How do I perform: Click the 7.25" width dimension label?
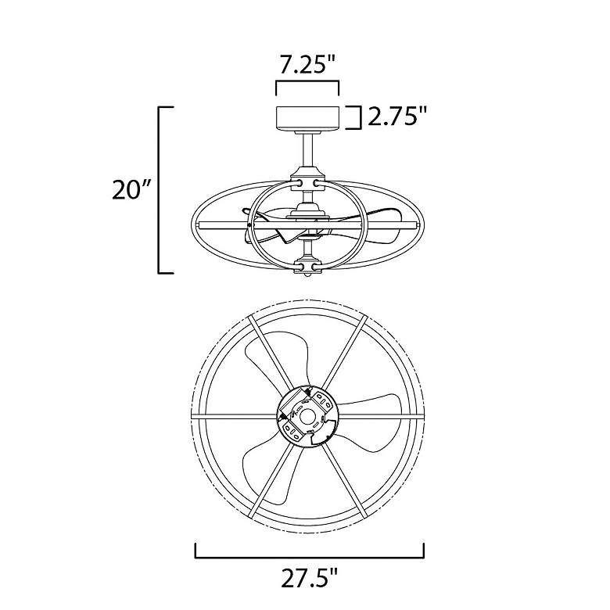click(x=308, y=65)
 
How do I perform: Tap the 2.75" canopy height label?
click(x=397, y=117)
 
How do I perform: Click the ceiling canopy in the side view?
click(x=307, y=117)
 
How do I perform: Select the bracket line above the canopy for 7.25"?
click(x=307, y=82)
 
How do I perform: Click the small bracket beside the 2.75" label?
click(x=356, y=117)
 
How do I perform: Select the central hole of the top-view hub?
click(x=307, y=413)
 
